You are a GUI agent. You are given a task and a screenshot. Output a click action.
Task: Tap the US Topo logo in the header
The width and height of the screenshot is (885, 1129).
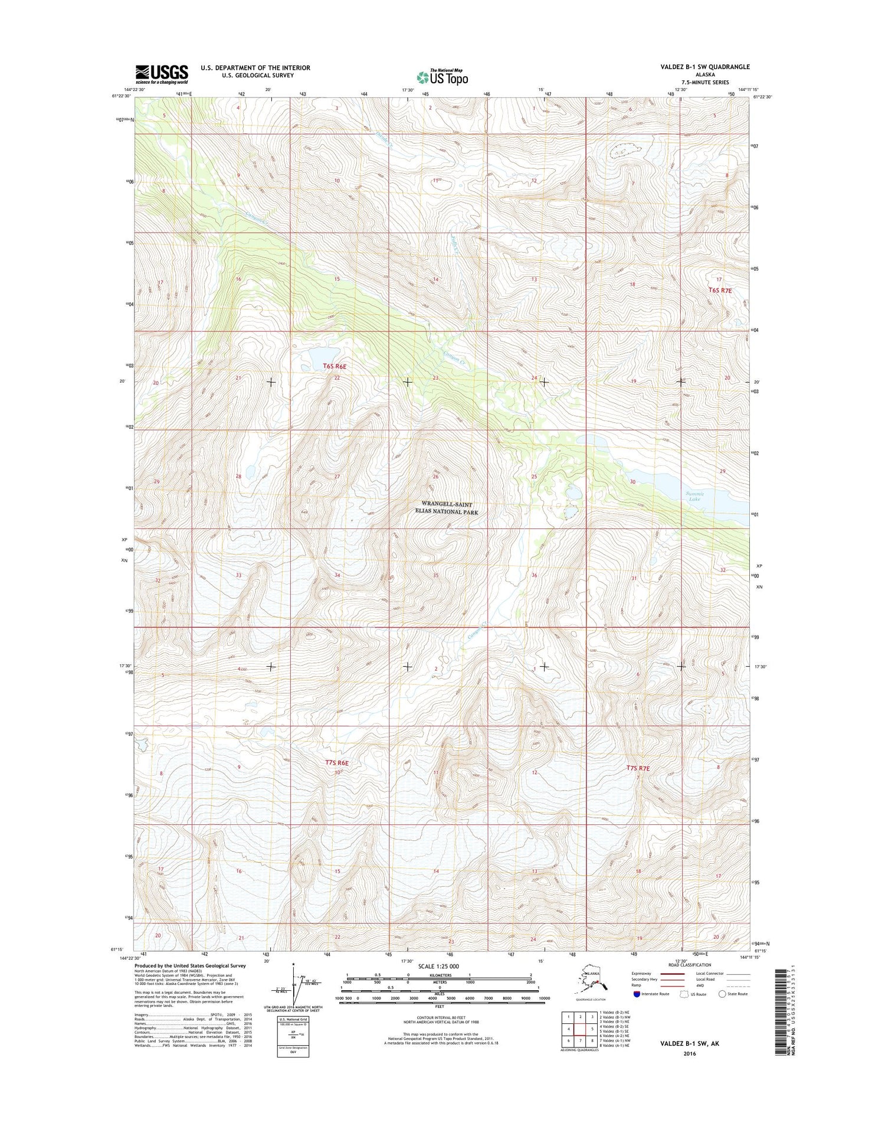[x=442, y=77]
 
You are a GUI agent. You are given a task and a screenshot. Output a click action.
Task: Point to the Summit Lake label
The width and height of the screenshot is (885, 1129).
[x=695, y=497]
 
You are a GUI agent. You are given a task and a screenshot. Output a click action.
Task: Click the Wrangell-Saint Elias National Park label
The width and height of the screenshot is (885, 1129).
[x=447, y=508]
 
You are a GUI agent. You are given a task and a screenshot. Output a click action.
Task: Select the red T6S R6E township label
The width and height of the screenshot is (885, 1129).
[x=335, y=367]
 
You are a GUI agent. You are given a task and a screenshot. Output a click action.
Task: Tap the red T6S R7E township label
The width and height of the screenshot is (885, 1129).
[x=720, y=291]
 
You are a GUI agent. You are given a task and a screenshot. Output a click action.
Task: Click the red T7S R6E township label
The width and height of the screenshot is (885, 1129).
[x=337, y=763]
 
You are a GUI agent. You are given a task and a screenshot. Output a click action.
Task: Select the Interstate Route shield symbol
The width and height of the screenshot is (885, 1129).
[x=637, y=994]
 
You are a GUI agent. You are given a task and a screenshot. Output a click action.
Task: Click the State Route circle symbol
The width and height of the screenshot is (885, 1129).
[x=722, y=994]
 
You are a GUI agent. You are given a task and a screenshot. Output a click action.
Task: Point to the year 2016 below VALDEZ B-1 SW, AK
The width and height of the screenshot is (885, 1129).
[x=689, y=1053]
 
